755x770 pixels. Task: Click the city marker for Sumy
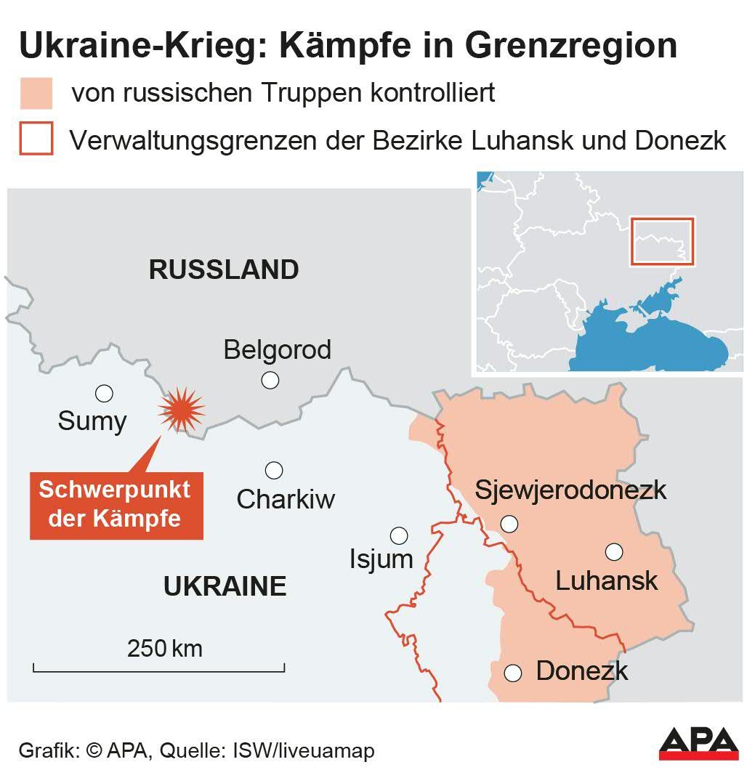104,394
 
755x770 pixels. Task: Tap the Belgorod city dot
270,380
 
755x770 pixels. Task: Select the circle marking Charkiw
274,470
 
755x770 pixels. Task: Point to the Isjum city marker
399,535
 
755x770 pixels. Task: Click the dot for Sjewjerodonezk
509,523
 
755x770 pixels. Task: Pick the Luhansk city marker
614,552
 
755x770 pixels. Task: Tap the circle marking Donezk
514,673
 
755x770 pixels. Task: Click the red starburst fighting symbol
182,410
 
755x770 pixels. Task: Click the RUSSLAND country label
224,269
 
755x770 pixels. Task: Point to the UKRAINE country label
225,585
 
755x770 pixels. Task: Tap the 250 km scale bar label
165,648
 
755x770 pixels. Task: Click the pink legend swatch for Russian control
36,94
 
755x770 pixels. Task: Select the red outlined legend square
36,139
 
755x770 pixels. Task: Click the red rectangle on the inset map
662,241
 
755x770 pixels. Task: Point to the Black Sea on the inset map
654,341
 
